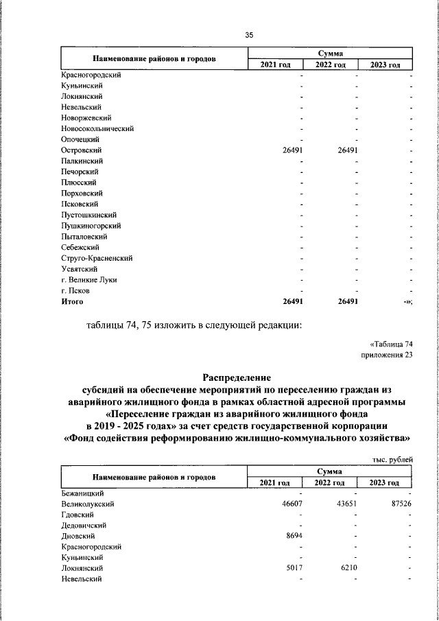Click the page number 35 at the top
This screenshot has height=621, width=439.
pos(249,35)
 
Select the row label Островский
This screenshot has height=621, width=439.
pos(81,150)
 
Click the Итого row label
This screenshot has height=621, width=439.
pos(72,301)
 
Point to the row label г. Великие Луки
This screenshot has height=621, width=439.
pos(88,279)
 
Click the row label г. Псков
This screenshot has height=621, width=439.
pos(75,290)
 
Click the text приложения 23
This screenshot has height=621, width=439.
pos(388,354)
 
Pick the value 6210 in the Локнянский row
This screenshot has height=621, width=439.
pos(349,568)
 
